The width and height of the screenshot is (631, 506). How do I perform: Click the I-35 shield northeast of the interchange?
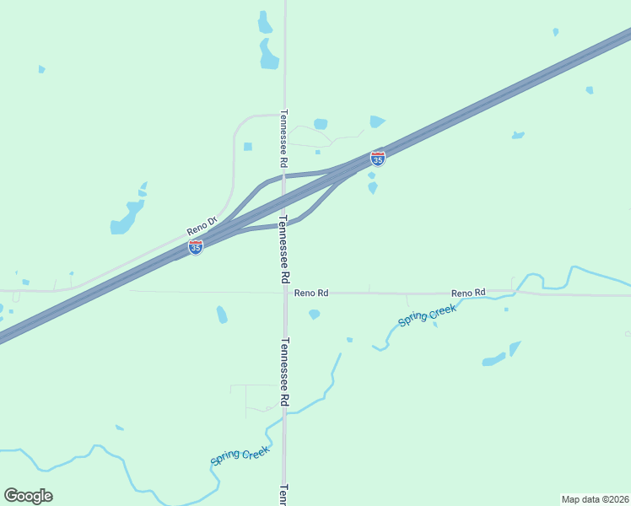[x=378, y=159]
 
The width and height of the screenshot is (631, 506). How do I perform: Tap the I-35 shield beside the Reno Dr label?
[x=196, y=247]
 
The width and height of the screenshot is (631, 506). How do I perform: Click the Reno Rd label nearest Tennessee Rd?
[x=311, y=293]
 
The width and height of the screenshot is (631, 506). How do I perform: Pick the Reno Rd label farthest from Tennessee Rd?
[x=468, y=293]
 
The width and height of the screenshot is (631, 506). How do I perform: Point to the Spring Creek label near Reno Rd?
[x=427, y=318]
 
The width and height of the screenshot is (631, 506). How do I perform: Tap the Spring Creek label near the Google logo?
[x=240, y=456]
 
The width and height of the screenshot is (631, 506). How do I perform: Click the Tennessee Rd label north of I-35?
[x=284, y=138]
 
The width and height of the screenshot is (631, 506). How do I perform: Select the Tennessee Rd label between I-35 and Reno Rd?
[x=284, y=249]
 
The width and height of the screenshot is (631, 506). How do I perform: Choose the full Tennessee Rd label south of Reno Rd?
[x=284, y=372]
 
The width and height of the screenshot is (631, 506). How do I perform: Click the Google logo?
[x=28, y=496]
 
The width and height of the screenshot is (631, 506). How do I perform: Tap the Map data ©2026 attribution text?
[x=596, y=499]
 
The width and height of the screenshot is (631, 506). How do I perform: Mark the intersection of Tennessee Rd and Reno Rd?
[x=285, y=293]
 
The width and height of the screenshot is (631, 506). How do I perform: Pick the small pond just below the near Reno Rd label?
[x=315, y=315]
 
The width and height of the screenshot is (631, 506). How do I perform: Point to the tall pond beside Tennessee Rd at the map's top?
[x=267, y=54]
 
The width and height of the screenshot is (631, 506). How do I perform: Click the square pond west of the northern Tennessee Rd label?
[x=248, y=147]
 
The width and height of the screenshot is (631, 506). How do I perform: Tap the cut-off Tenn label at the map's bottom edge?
[x=284, y=495]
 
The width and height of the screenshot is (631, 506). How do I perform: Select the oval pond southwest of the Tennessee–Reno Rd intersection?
[x=222, y=315]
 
